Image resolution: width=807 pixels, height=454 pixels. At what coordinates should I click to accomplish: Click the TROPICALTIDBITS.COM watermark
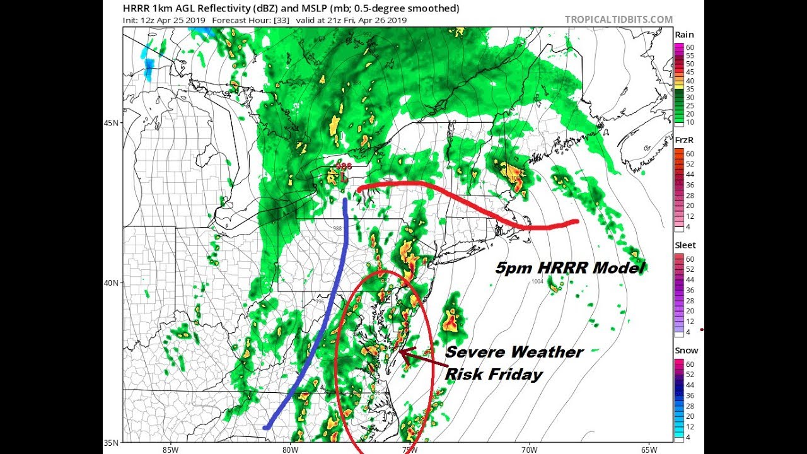point(618,20)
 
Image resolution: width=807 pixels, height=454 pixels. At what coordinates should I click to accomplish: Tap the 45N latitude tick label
point(112,122)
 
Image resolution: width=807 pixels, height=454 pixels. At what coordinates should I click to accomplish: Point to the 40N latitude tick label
point(112,282)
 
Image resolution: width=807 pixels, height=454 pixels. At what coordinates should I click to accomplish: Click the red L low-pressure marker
point(344,178)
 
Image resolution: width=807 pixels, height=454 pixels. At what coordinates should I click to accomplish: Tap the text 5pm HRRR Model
point(570,268)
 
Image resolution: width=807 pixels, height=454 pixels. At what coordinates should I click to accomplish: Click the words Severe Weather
point(514,352)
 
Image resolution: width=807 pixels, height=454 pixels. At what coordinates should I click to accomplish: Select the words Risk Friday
point(494,375)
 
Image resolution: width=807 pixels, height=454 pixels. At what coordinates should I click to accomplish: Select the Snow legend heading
point(685,351)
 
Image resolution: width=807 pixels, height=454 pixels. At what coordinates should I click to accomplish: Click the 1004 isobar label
point(537,282)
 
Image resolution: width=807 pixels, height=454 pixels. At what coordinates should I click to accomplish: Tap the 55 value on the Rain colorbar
point(689,55)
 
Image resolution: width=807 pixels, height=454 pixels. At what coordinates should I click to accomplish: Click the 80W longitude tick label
point(290,449)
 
